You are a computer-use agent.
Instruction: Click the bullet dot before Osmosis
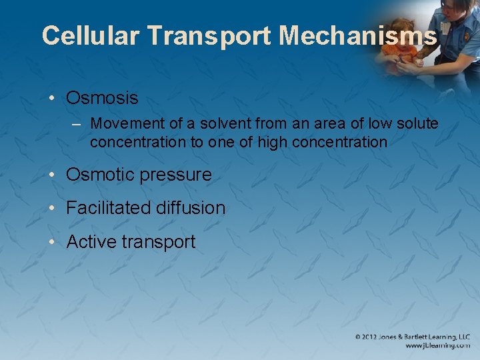(x=52, y=99)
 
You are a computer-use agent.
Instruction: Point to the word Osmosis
(x=102, y=98)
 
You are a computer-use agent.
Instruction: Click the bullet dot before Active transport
(x=52, y=242)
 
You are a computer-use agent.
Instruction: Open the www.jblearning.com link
(x=437, y=346)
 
